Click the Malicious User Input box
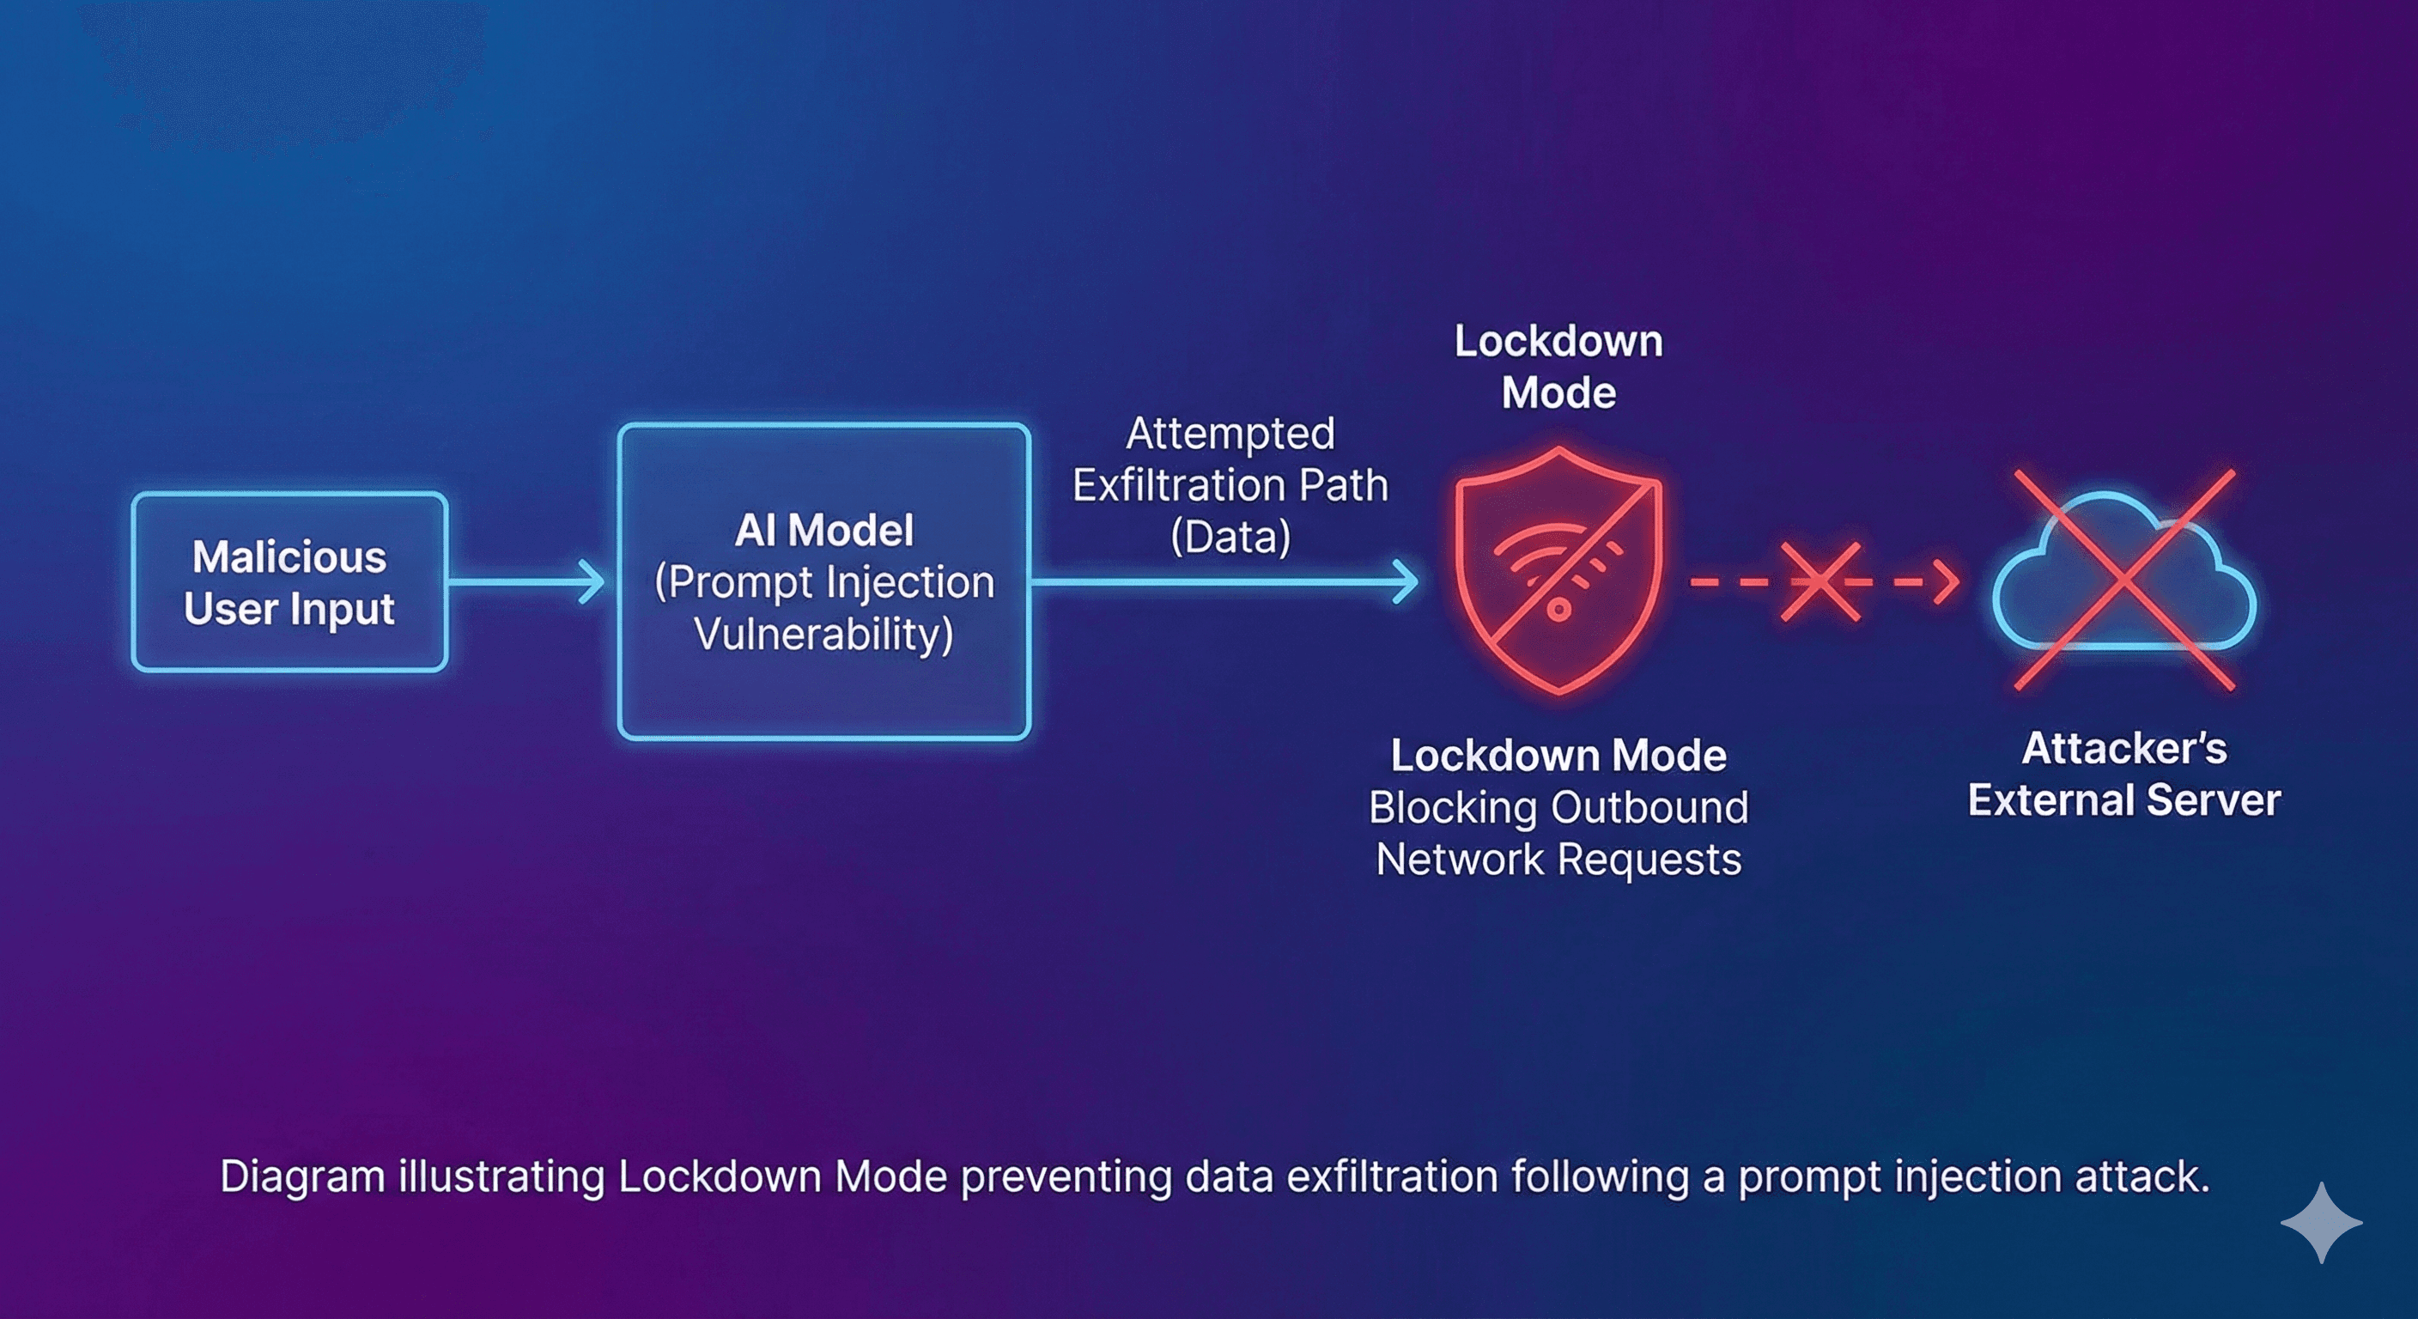pyautogui.click(x=289, y=582)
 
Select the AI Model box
pyautogui.click(x=824, y=582)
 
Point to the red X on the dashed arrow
pyautogui.click(x=1820, y=582)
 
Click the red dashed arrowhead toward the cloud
pyautogui.click(x=1947, y=582)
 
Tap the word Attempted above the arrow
pyautogui.click(x=1230, y=434)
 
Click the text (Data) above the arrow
pyautogui.click(x=1230, y=538)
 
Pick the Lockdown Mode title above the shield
pyautogui.click(x=1558, y=366)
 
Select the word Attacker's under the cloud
pyautogui.click(x=2123, y=749)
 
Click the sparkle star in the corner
pyautogui.click(x=2320, y=1222)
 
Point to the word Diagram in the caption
pyautogui.click(x=302, y=1177)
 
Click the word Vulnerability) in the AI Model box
pyautogui.click(x=824, y=634)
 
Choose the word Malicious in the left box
pyautogui.click(x=289, y=556)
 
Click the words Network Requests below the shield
pyautogui.click(x=1558, y=860)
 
